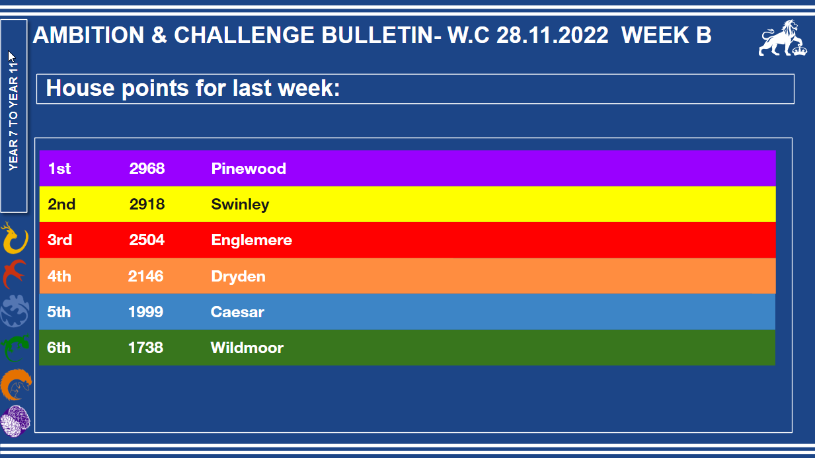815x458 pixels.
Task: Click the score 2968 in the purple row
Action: point(147,169)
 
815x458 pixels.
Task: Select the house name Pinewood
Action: point(249,169)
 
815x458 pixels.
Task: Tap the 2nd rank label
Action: point(61,204)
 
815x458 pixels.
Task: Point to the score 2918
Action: point(147,204)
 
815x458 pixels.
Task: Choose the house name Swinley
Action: point(240,205)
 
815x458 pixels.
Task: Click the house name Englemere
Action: point(251,241)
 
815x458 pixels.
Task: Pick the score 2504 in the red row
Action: point(147,240)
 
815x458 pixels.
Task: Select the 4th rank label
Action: point(59,276)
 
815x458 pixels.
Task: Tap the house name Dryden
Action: point(239,277)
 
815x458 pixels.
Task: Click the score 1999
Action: point(146,312)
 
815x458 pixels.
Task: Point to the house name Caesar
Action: point(237,312)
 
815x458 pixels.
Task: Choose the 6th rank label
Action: point(59,348)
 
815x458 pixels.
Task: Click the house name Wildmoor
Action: point(247,348)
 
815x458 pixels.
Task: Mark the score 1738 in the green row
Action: point(145,348)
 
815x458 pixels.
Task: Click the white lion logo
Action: point(782,38)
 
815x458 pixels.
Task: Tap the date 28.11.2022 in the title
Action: point(553,35)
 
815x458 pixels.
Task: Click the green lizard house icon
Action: point(15,348)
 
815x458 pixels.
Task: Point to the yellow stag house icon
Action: point(15,239)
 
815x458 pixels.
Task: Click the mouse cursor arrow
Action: point(11,57)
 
